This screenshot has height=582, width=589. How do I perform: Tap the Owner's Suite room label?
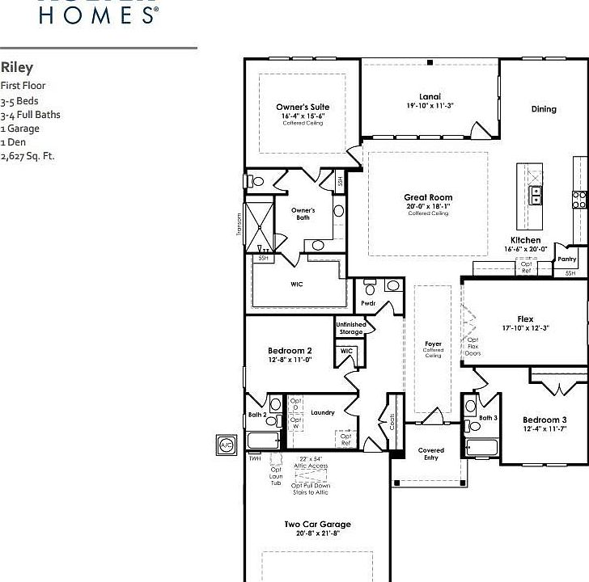pyautogui.click(x=303, y=107)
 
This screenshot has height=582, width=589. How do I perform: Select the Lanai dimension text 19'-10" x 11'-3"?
pyautogui.click(x=430, y=106)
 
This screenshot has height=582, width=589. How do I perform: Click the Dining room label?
pyautogui.click(x=544, y=109)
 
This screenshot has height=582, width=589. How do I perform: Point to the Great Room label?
pyautogui.click(x=428, y=197)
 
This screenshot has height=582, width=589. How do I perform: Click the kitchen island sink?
pyautogui.click(x=535, y=196)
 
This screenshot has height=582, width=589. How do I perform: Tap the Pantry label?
pyautogui.click(x=567, y=259)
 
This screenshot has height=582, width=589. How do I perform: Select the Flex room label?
pyautogui.click(x=525, y=319)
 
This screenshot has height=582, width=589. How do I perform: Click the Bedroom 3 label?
pyautogui.click(x=544, y=420)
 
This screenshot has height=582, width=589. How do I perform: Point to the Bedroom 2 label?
pyautogui.click(x=290, y=351)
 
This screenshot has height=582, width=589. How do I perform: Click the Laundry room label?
pyautogui.click(x=323, y=413)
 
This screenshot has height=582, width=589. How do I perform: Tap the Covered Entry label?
pyautogui.click(x=430, y=454)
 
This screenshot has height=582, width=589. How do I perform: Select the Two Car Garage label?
pyautogui.click(x=317, y=525)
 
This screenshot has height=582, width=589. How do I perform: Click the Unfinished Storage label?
pyautogui.click(x=351, y=328)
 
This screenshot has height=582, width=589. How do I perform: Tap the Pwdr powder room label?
pyautogui.click(x=369, y=303)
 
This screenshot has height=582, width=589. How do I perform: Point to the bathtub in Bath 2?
pyautogui.click(x=263, y=441)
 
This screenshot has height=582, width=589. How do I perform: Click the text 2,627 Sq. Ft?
pyautogui.click(x=28, y=156)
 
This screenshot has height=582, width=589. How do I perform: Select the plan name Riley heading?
pyautogui.click(x=17, y=68)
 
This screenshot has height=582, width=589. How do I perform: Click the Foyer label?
pyautogui.click(x=434, y=344)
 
